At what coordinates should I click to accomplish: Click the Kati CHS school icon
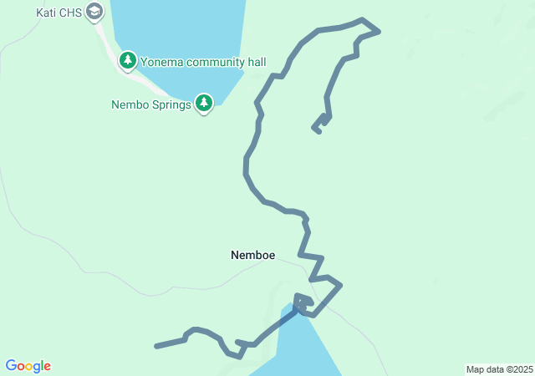click(x=94, y=13)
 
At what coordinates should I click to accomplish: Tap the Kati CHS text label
click(x=58, y=13)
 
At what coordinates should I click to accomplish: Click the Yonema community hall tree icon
click(x=128, y=60)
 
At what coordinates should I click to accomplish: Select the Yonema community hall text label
click(x=203, y=61)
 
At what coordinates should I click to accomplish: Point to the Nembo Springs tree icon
click(x=204, y=103)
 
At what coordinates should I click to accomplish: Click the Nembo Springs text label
click(x=151, y=105)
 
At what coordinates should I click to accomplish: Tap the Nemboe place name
click(x=252, y=255)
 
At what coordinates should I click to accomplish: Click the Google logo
click(x=28, y=366)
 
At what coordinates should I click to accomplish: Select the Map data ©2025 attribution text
click(x=499, y=369)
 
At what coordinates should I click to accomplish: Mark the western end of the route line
click(x=156, y=345)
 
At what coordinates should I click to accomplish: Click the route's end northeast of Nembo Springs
click(x=318, y=131)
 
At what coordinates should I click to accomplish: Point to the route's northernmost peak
click(x=361, y=19)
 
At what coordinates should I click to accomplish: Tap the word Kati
click(x=46, y=13)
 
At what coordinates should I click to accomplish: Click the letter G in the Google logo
click(x=12, y=366)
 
